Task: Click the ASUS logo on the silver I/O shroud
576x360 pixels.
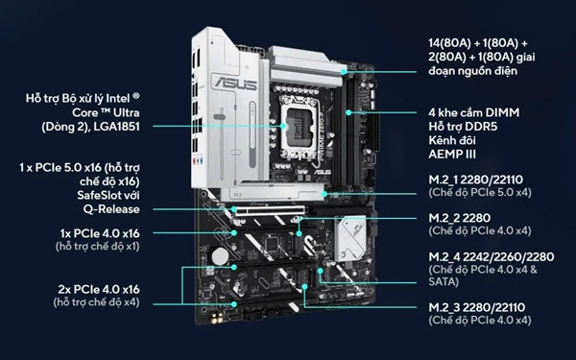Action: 236,83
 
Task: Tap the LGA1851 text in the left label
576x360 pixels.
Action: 117,127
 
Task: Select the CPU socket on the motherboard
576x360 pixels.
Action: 299,127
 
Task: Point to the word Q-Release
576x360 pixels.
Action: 111,209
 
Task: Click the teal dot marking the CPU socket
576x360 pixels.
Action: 282,126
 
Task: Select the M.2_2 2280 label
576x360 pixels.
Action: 459,218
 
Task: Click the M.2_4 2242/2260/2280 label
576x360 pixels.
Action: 492,256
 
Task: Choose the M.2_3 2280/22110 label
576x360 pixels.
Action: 476,307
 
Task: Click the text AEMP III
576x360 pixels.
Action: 452,155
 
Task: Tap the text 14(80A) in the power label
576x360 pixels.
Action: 449,43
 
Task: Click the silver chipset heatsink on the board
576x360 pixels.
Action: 350,238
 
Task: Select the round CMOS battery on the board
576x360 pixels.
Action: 220,255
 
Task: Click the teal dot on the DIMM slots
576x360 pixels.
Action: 348,112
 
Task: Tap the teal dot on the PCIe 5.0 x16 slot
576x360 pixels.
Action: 234,209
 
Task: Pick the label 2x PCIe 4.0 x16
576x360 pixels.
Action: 99,290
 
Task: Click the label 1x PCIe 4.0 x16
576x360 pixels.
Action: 100,233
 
